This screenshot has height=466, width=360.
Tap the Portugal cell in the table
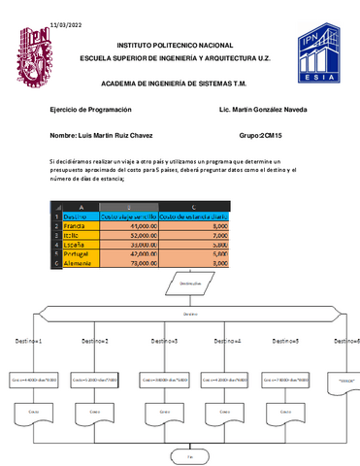(x=78, y=252)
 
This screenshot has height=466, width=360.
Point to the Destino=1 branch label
(x=27, y=342)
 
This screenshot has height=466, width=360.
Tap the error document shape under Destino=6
(x=344, y=382)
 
